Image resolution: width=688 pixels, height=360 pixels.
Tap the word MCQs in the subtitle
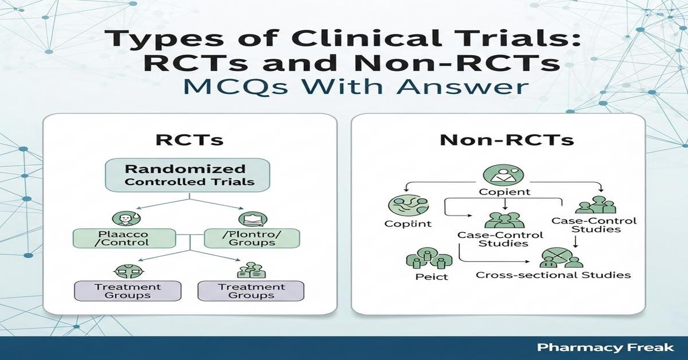coord(244,88)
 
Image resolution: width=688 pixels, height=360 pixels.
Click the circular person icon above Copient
coord(497,175)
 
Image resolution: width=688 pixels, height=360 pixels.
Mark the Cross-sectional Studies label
coord(553,275)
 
